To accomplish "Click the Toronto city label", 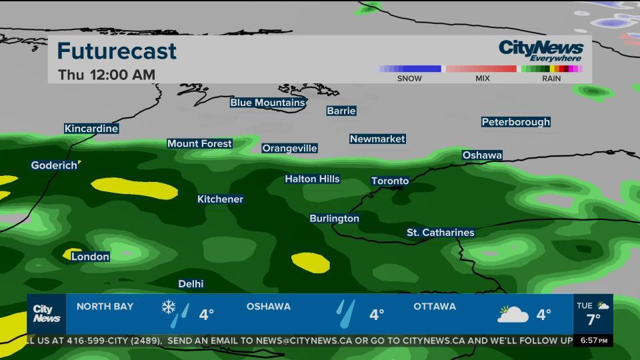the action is pyautogui.click(x=390, y=181).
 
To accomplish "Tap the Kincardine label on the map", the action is pyautogui.click(x=91, y=129).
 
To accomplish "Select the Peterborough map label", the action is pyautogui.click(x=516, y=122).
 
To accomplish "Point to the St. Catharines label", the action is pyautogui.click(x=441, y=233).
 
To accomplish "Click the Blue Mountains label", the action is pyautogui.click(x=267, y=103).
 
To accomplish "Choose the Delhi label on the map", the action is pyautogui.click(x=191, y=284).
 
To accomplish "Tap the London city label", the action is pyautogui.click(x=90, y=257).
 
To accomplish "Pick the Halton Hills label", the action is pyautogui.click(x=312, y=179).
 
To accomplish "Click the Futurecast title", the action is pyautogui.click(x=117, y=51).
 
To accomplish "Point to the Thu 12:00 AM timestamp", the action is pyautogui.click(x=107, y=75).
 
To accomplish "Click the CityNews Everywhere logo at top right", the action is pyautogui.click(x=541, y=50).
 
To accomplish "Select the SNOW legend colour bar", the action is pyautogui.click(x=410, y=69).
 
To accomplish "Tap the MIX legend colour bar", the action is pyautogui.click(x=482, y=69).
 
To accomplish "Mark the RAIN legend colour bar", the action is pyautogui.click(x=551, y=69).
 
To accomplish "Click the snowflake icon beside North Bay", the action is pyautogui.click(x=169, y=307).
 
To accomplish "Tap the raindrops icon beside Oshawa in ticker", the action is pyautogui.click(x=345, y=313).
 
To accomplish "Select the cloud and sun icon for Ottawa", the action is pyautogui.click(x=513, y=313).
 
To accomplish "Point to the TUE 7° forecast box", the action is pyautogui.click(x=593, y=313).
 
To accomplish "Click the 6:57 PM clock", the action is pyautogui.click(x=593, y=341).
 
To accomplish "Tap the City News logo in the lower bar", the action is pyautogui.click(x=47, y=313).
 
